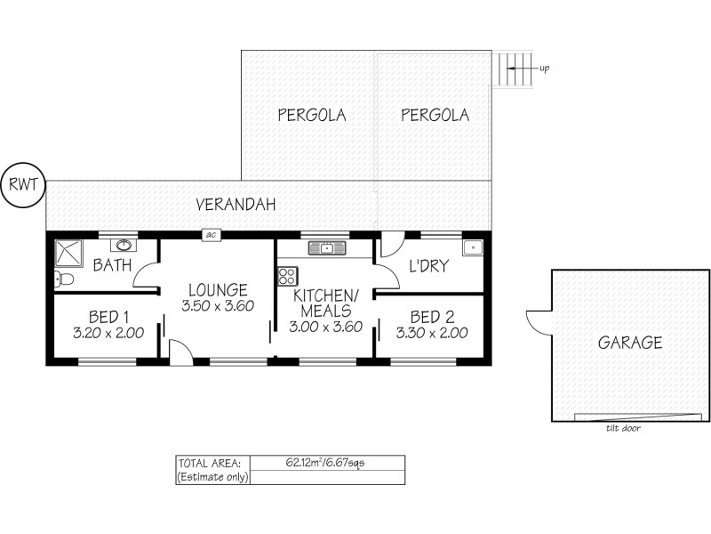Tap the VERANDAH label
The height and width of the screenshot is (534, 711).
click(x=236, y=205)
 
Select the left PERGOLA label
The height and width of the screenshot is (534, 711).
click(x=310, y=115)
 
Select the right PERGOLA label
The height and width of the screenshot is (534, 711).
click(x=435, y=115)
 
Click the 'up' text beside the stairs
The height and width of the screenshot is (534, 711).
click(x=543, y=68)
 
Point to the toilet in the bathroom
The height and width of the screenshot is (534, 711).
click(x=61, y=280)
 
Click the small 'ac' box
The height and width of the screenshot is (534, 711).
click(x=212, y=235)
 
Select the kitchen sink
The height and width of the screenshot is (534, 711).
click(x=326, y=247)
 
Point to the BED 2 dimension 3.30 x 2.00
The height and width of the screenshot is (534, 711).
click(x=432, y=334)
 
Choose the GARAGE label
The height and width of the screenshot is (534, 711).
click(x=629, y=343)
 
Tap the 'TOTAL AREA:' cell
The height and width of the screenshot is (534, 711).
click(x=212, y=463)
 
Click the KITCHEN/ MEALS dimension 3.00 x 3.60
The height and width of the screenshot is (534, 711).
click(x=324, y=327)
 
